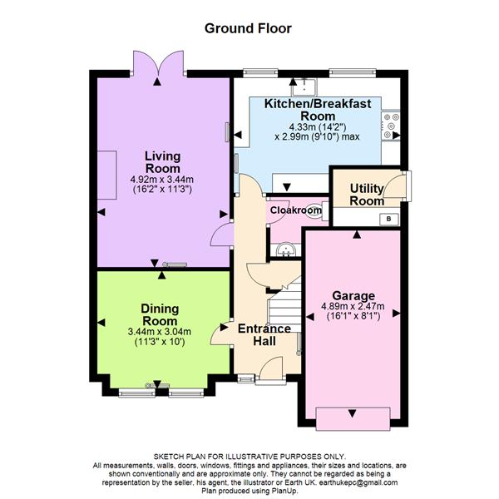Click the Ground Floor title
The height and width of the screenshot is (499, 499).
(x=248, y=28)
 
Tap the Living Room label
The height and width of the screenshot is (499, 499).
(x=163, y=162)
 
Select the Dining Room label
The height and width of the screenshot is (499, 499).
(x=160, y=314)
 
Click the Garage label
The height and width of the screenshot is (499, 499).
(x=353, y=295)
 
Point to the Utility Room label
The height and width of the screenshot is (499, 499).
(x=367, y=195)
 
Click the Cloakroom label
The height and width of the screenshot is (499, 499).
(x=295, y=210)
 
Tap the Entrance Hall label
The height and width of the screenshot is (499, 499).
(x=264, y=335)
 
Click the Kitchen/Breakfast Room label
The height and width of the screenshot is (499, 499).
(x=318, y=110)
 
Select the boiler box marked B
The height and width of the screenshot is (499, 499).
(x=388, y=219)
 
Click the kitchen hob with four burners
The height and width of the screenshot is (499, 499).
(x=391, y=126)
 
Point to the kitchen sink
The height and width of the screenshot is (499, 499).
(x=304, y=87)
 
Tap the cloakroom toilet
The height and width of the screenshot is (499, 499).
(x=317, y=210)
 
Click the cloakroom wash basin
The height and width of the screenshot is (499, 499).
(x=286, y=249)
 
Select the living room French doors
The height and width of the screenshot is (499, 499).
(x=158, y=64)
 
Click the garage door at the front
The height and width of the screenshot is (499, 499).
(x=353, y=418)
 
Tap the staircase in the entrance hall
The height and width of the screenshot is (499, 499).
(x=285, y=305)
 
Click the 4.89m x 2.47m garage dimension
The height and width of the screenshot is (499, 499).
(x=353, y=306)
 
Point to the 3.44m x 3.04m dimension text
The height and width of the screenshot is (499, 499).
(x=160, y=332)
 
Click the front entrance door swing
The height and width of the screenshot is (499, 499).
(x=271, y=368)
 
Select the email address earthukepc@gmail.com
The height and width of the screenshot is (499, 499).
(x=358, y=482)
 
